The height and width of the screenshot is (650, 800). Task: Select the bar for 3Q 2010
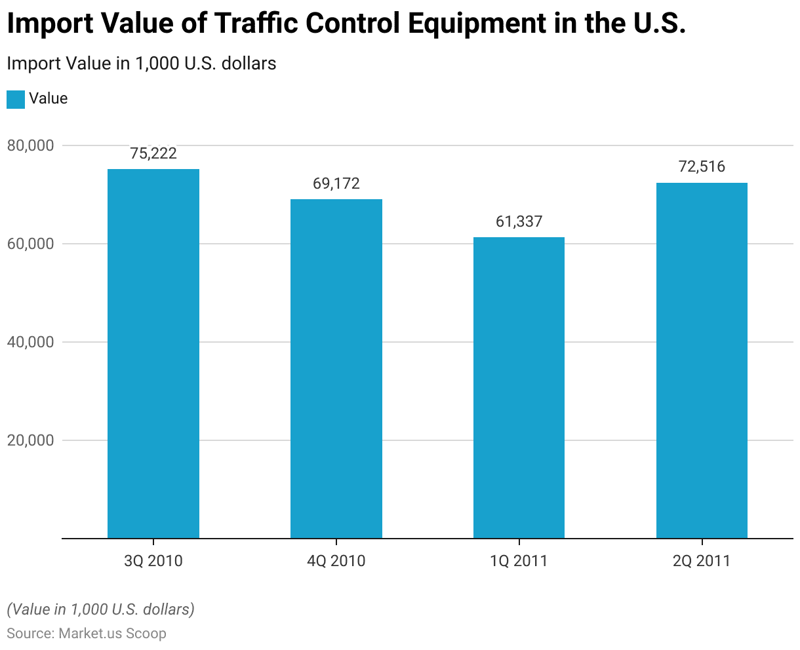click(x=153, y=354)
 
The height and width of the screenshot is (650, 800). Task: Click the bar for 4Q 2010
click(x=336, y=369)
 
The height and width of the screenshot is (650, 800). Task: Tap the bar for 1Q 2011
click(x=519, y=388)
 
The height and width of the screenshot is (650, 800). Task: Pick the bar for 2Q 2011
click(x=702, y=360)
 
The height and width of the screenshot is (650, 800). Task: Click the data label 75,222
click(x=153, y=153)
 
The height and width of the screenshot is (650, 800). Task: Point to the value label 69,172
click(x=336, y=183)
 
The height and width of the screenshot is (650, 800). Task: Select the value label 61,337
click(x=519, y=221)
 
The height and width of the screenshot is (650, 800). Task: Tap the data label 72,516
click(x=702, y=166)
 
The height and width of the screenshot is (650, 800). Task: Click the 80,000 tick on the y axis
click(x=30, y=145)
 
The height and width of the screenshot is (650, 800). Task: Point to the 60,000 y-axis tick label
click(x=30, y=244)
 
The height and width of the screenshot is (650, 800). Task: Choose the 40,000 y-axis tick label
click(x=30, y=342)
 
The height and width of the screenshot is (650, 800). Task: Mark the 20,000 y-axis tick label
click(x=30, y=440)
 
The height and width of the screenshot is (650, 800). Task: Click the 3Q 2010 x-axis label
click(x=153, y=561)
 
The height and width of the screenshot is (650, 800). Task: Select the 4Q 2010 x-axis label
click(x=336, y=561)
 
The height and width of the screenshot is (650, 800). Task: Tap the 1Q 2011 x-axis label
click(x=519, y=561)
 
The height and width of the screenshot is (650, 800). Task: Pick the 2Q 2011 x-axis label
click(x=702, y=561)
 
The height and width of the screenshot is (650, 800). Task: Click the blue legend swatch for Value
click(x=16, y=99)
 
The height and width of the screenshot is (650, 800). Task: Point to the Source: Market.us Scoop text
click(x=87, y=634)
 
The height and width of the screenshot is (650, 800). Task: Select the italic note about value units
click(x=100, y=609)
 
